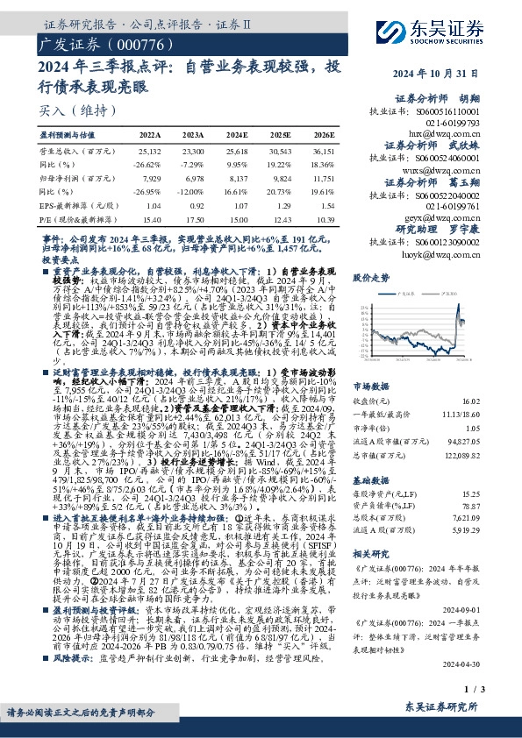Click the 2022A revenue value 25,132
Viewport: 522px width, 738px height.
(x=150, y=152)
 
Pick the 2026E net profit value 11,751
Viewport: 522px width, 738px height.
(x=322, y=177)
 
